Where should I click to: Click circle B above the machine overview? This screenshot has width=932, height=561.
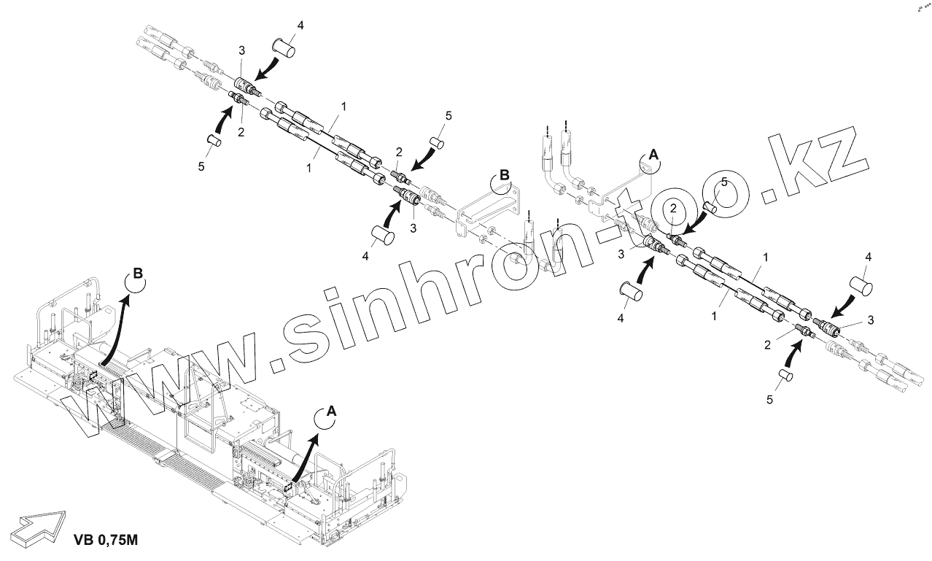click(136, 279)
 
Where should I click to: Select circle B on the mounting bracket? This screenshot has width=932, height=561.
click(502, 179)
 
